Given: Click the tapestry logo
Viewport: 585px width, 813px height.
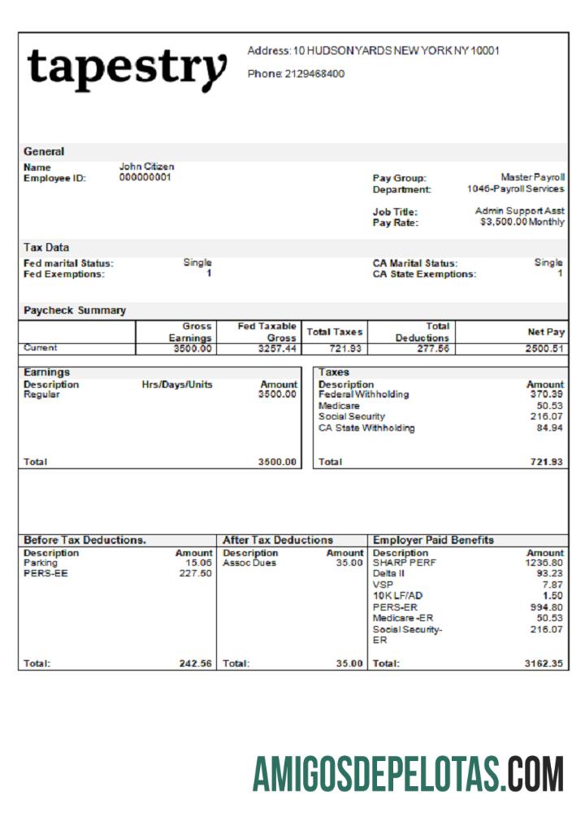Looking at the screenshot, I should pyautogui.click(x=127, y=68).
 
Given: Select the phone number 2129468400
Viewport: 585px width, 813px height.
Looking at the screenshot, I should pyautogui.click(x=314, y=74).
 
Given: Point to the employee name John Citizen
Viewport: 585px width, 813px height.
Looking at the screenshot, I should pyautogui.click(x=146, y=167).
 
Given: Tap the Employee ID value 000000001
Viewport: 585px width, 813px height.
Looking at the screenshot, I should pyautogui.click(x=145, y=177).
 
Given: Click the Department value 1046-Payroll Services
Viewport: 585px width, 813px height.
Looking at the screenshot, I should pyautogui.click(x=515, y=189).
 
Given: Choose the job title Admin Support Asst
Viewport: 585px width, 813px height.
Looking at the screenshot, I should pyautogui.click(x=519, y=211).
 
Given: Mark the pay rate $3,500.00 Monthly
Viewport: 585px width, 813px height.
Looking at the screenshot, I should pyautogui.click(x=522, y=221).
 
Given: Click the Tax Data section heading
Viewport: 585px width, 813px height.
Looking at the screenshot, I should pyautogui.click(x=46, y=247).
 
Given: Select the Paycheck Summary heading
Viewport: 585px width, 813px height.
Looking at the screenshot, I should pyautogui.click(x=75, y=310).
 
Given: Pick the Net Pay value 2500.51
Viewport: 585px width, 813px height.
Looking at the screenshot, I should pyautogui.click(x=544, y=349).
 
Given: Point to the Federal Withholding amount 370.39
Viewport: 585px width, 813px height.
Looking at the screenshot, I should pyautogui.click(x=544, y=394).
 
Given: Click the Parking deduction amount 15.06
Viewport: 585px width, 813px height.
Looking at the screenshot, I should pyautogui.click(x=198, y=563).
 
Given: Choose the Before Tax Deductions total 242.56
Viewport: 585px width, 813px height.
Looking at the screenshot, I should pyautogui.click(x=195, y=663).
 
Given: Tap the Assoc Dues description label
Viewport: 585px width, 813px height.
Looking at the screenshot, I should pyautogui.click(x=249, y=563).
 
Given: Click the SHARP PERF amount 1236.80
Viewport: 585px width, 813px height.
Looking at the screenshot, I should pyautogui.click(x=544, y=563).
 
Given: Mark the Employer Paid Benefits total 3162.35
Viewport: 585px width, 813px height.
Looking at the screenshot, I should pyautogui.click(x=544, y=663).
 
